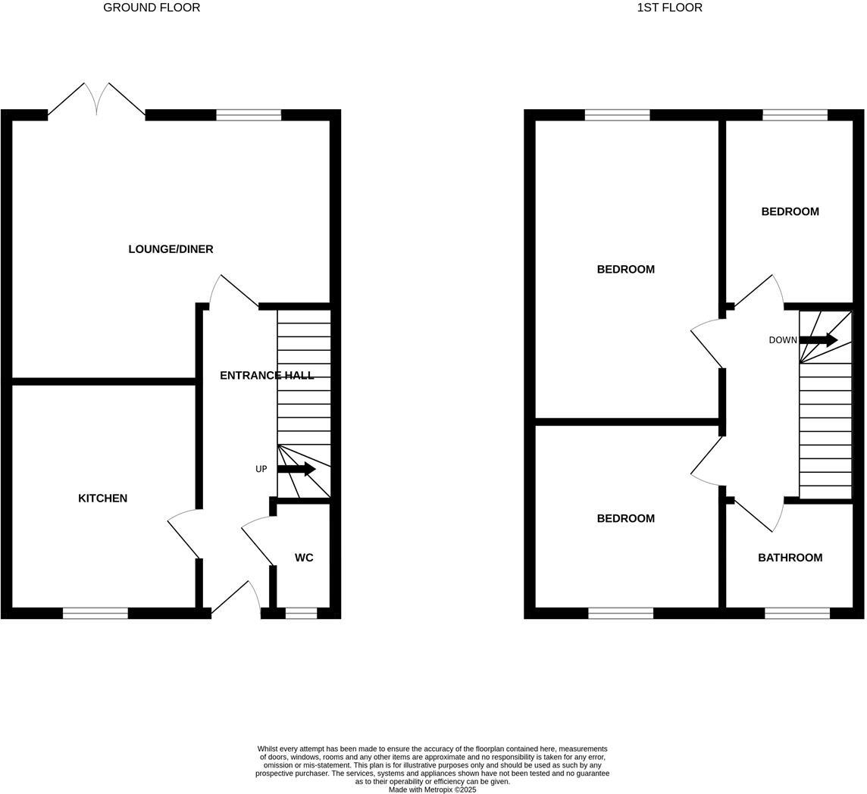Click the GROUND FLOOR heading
coord(152,8)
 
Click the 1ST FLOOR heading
coord(669,8)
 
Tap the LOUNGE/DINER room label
coord(171,249)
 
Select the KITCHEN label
coord(102,499)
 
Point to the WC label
coord(304,558)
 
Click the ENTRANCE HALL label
coord(266,375)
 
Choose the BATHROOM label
coord(790,558)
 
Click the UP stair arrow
coord(296,469)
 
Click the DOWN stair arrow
coord(818,339)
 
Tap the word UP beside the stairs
coord(261,470)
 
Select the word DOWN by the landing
coord(783,340)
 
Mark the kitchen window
coord(95,613)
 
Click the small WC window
coord(301,613)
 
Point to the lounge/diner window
coord(249,115)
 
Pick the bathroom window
coord(797,613)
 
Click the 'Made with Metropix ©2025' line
coord(432,789)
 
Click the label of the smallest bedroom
coord(790,211)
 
